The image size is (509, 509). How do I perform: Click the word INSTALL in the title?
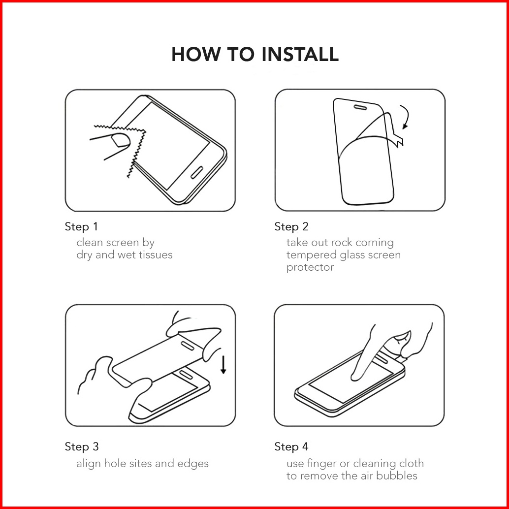point(300,54)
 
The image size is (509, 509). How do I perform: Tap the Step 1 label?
point(81,226)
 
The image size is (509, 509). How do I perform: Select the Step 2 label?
point(291,226)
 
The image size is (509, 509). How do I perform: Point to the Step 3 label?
point(82,446)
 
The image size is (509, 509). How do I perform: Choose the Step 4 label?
point(291,446)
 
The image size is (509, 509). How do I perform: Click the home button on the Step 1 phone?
point(197,172)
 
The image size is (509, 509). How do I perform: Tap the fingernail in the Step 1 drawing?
point(121,141)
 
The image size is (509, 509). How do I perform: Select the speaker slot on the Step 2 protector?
point(360,107)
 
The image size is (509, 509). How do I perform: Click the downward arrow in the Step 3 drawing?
point(223,364)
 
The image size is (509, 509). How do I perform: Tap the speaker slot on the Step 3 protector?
point(187,346)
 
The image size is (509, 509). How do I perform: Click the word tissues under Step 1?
point(156,255)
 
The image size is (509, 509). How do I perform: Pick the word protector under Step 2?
point(310,267)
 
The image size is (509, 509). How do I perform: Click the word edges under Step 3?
point(193,464)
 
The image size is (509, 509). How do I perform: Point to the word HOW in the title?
point(195,54)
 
